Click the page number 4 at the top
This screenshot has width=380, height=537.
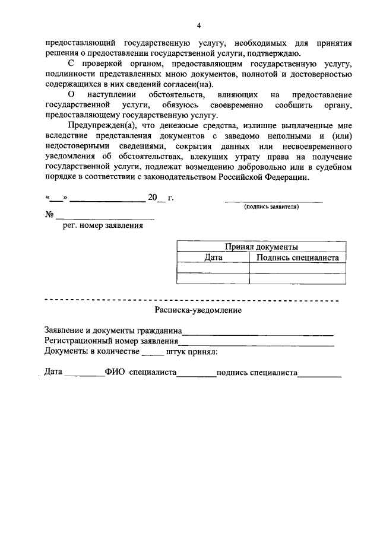(199, 25)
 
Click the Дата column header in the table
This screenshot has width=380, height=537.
(213, 258)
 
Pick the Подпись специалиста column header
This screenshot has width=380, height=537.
(297, 258)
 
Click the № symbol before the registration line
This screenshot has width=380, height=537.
(50, 215)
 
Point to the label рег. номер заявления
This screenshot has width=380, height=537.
(103, 225)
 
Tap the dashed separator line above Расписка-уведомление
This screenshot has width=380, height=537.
(191, 300)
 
